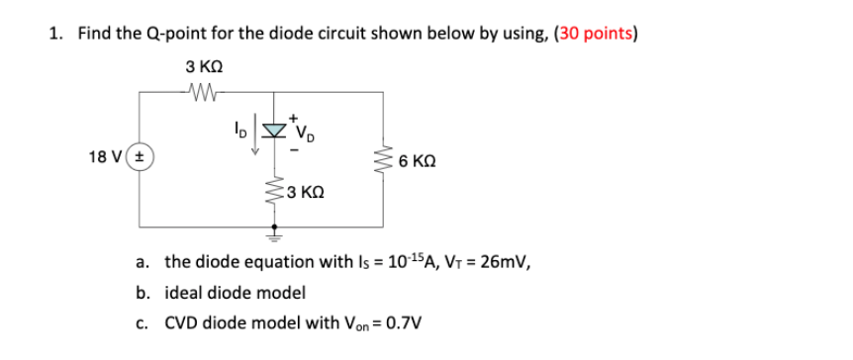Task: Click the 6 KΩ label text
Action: click(416, 159)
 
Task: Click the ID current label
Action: click(238, 129)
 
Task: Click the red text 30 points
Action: click(596, 34)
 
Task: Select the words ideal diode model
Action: click(235, 293)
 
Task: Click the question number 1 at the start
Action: click(54, 34)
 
